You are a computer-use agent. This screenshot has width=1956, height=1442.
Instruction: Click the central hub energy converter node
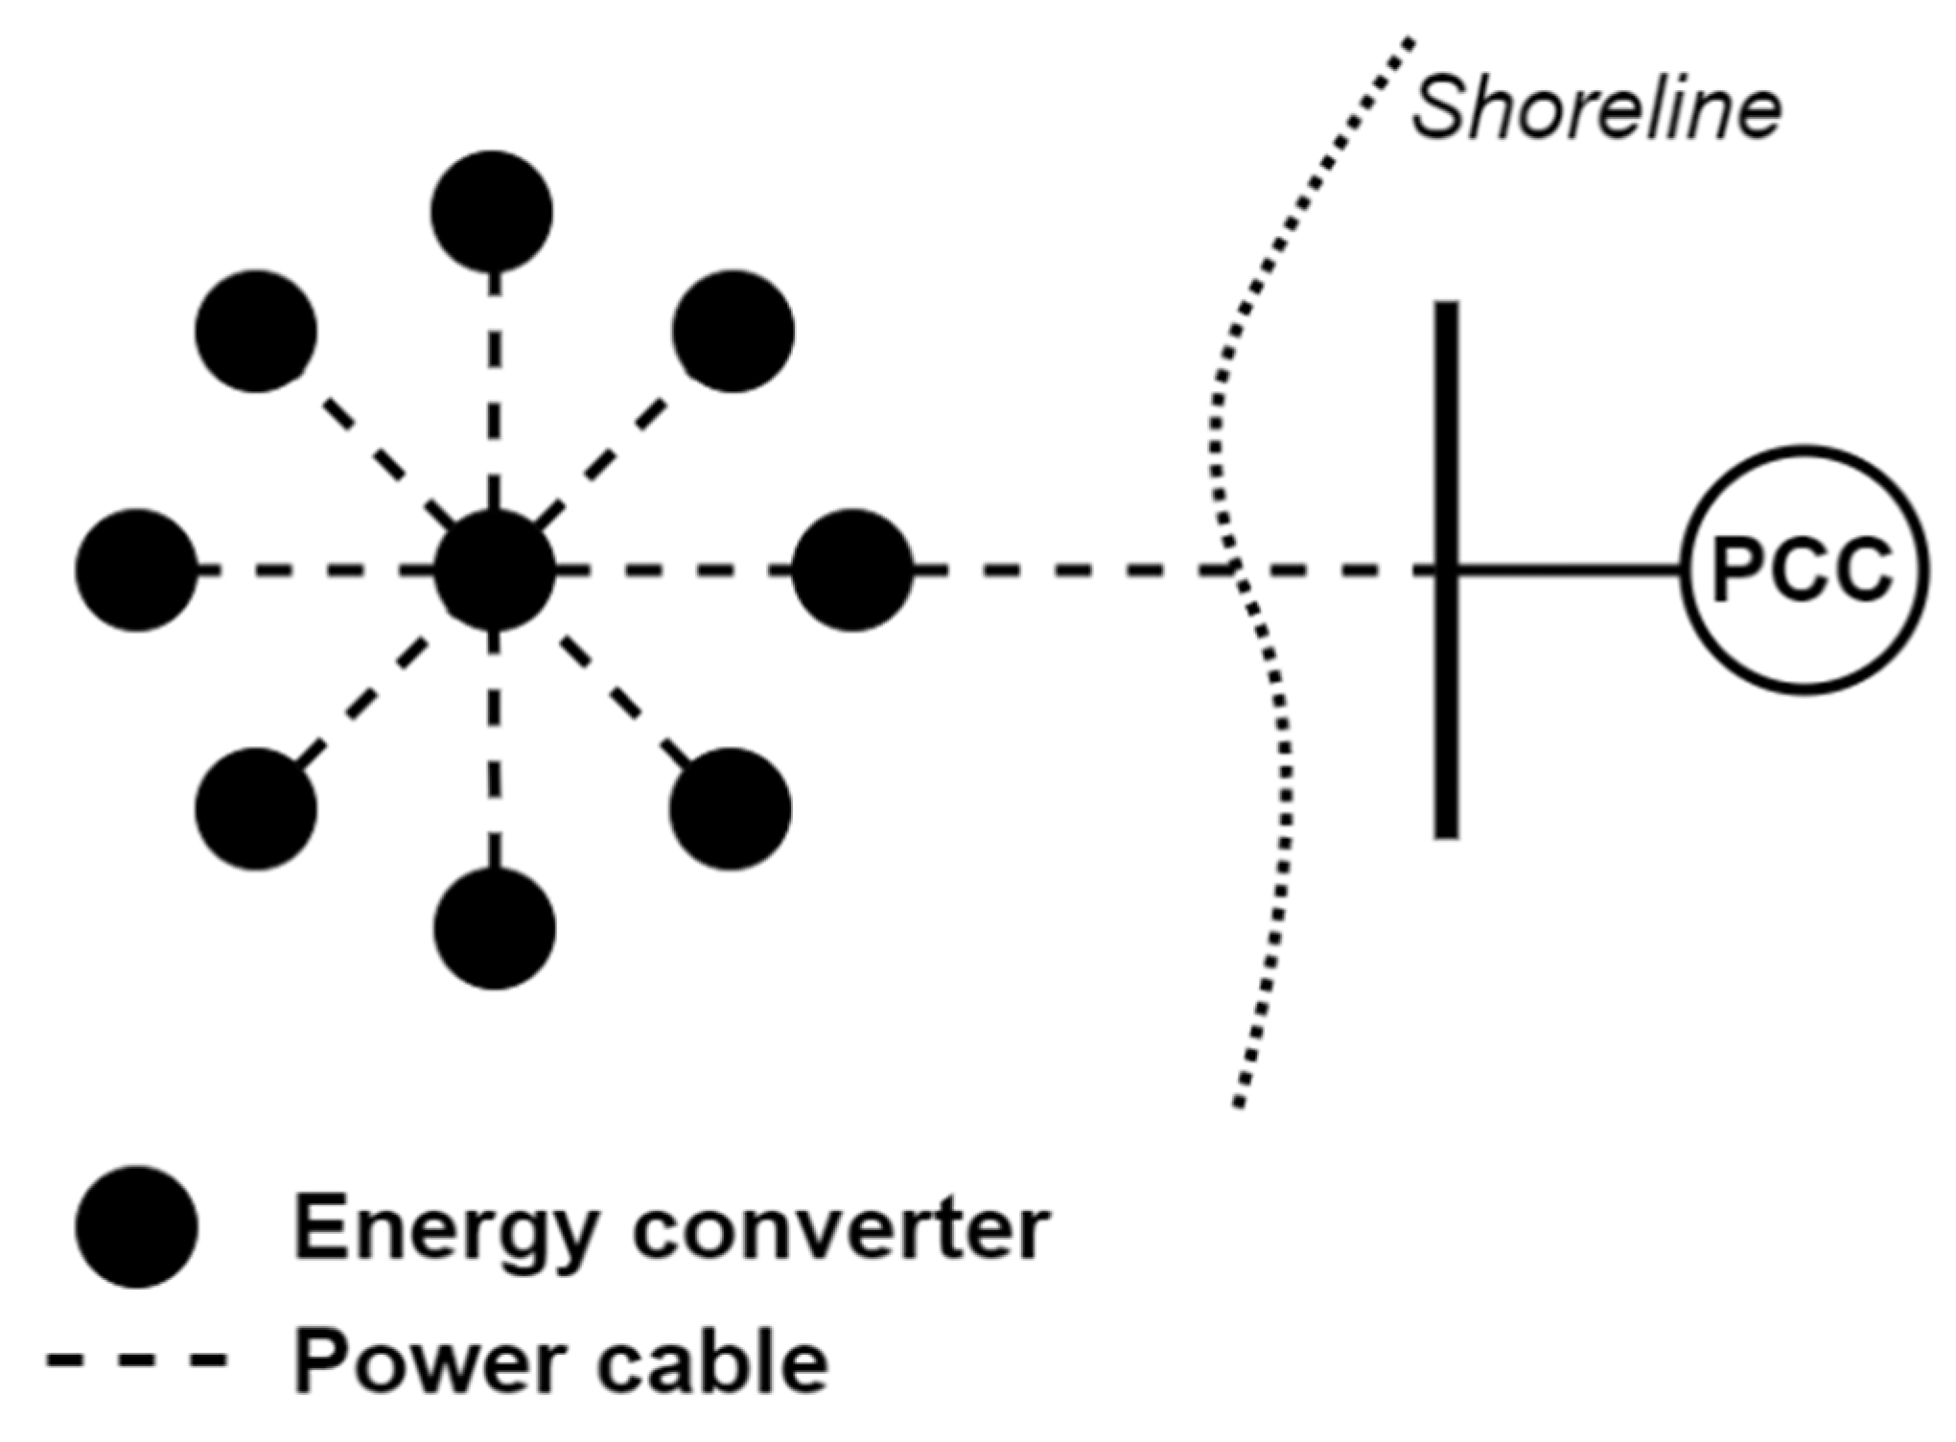pyautogui.click(x=495, y=570)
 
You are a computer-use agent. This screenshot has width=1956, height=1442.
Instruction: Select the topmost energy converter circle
pyautogui.click(x=492, y=211)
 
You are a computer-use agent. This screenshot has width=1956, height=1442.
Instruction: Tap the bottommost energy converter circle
pyautogui.click(x=495, y=928)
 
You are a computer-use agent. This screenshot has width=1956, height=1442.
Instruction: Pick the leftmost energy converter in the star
pyautogui.click(x=137, y=570)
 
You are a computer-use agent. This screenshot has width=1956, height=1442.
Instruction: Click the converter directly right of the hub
pyautogui.click(x=852, y=570)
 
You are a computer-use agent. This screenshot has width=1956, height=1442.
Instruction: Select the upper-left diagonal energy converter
pyautogui.click(x=256, y=331)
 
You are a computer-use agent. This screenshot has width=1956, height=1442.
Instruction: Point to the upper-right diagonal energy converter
pyautogui.click(x=733, y=331)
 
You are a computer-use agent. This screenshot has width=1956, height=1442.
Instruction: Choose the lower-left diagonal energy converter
pyautogui.click(x=256, y=808)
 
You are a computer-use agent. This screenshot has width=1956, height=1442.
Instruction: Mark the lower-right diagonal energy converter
pyautogui.click(x=731, y=808)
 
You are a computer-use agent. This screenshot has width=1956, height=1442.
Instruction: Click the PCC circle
pyautogui.click(x=1804, y=570)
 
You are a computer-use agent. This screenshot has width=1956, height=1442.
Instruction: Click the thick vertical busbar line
pyautogui.click(x=1447, y=431)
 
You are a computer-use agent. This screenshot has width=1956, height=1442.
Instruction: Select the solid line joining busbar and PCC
pyautogui.click(x=1569, y=570)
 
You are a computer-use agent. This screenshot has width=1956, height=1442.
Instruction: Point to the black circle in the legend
pyautogui.click(x=137, y=1227)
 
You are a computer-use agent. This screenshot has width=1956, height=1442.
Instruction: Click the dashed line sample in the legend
pyautogui.click(x=137, y=1360)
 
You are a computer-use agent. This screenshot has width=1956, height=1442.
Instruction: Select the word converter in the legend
pyautogui.click(x=842, y=1231)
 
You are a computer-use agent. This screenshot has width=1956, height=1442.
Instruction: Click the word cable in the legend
pyautogui.click(x=712, y=1361)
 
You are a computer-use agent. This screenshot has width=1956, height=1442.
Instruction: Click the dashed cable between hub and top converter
pyautogui.click(x=495, y=393)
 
